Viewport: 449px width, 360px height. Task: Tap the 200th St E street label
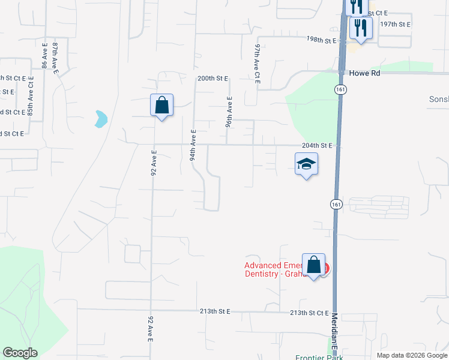click(x=213, y=79)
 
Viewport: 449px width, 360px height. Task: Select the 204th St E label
click(x=317, y=146)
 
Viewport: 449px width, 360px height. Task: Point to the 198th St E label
click(x=319, y=39)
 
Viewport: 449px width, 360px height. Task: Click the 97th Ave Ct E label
click(x=257, y=63)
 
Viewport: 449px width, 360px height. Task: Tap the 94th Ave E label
click(x=193, y=145)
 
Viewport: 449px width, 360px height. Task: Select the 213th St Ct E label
click(x=309, y=313)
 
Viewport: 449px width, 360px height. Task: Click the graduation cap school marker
click(x=306, y=164)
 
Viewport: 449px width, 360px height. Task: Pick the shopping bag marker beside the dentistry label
click(x=313, y=265)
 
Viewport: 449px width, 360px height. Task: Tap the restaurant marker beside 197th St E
click(x=361, y=28)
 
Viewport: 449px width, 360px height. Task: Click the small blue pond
click(x=100, y=119)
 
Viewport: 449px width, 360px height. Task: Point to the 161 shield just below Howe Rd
click(x=340, y=89)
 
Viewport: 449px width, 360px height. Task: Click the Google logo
click(x=20, y=353)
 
